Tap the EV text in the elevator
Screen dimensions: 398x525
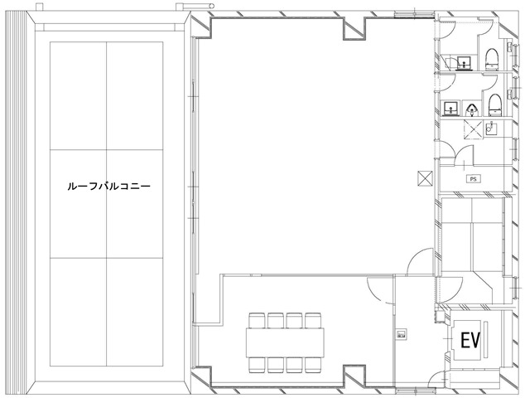click(471, 340)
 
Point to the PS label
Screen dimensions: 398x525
click(474, 178)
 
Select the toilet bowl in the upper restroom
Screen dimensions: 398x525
click(492, 58)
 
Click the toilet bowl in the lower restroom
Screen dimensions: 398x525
click(494, 104)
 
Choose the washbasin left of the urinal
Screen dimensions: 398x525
click(451, 108)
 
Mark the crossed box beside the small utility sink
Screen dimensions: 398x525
click(473, 128)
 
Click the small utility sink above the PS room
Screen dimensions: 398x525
click(492, 128)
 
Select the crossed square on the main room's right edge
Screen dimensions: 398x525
click(425, 177)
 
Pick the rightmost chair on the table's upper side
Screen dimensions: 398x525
click(312, 319)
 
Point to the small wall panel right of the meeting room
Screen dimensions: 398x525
click(402, 334)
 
